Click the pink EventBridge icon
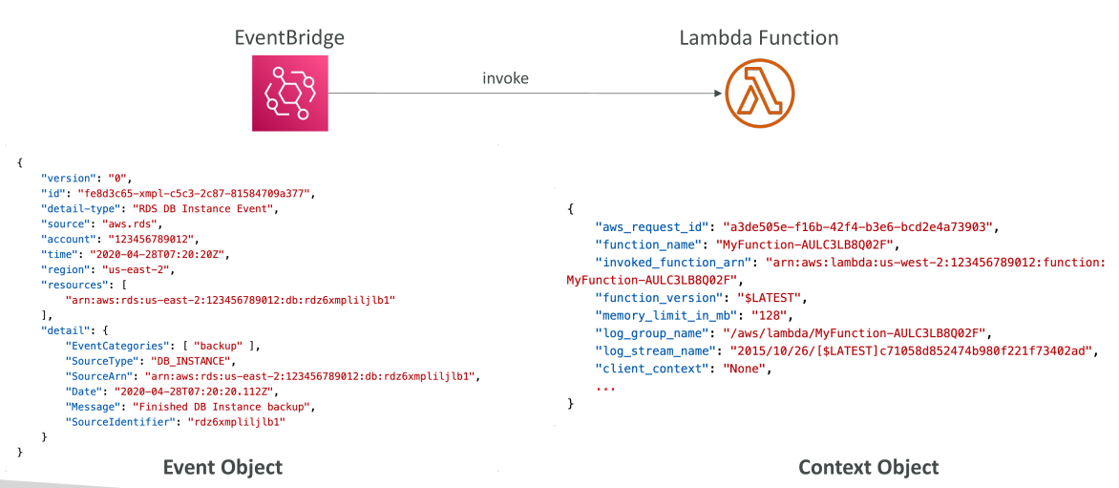pyautogui.click(x=289, y=94)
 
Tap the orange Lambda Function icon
pyautogui.click(x=759, y=94)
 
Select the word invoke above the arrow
pyautogui.click(x=505, y=78)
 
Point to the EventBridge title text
pyautogui.click(x=289, y=37)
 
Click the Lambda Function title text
pyautogui.click(x=759, y=37)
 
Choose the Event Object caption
pyautogui.click(x=222, y=467)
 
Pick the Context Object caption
pyautogui.click(x=869, y=467)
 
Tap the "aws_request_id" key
pyautogui.click(x=651, y=227)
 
